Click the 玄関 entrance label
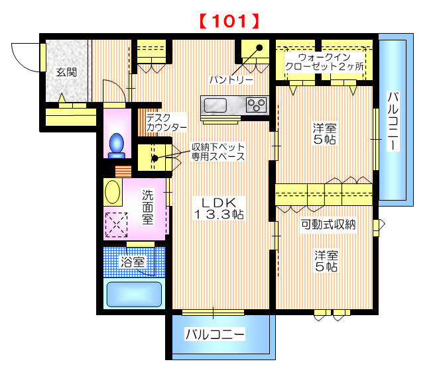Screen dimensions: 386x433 tap(66, 72)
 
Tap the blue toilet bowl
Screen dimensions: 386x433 tap(117, 144)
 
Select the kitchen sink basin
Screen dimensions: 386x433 tap(216, 105)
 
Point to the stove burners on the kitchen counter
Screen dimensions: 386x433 tap(256, 104)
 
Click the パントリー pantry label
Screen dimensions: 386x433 tap(231, 79)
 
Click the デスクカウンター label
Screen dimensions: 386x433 tap(166, 121)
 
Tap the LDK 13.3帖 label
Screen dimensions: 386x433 tap(219, 208)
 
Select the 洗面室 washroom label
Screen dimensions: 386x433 tap(147, 207)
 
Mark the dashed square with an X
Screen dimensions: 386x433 tap(117, 224)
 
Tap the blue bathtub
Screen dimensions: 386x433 tap(135, 293)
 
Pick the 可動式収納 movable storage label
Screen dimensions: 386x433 tap(328, 224)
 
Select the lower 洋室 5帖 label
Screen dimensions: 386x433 tap(326, 261)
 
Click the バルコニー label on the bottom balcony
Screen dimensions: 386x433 tap(214, 334)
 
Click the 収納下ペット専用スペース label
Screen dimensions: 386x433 tap(217, 152)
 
